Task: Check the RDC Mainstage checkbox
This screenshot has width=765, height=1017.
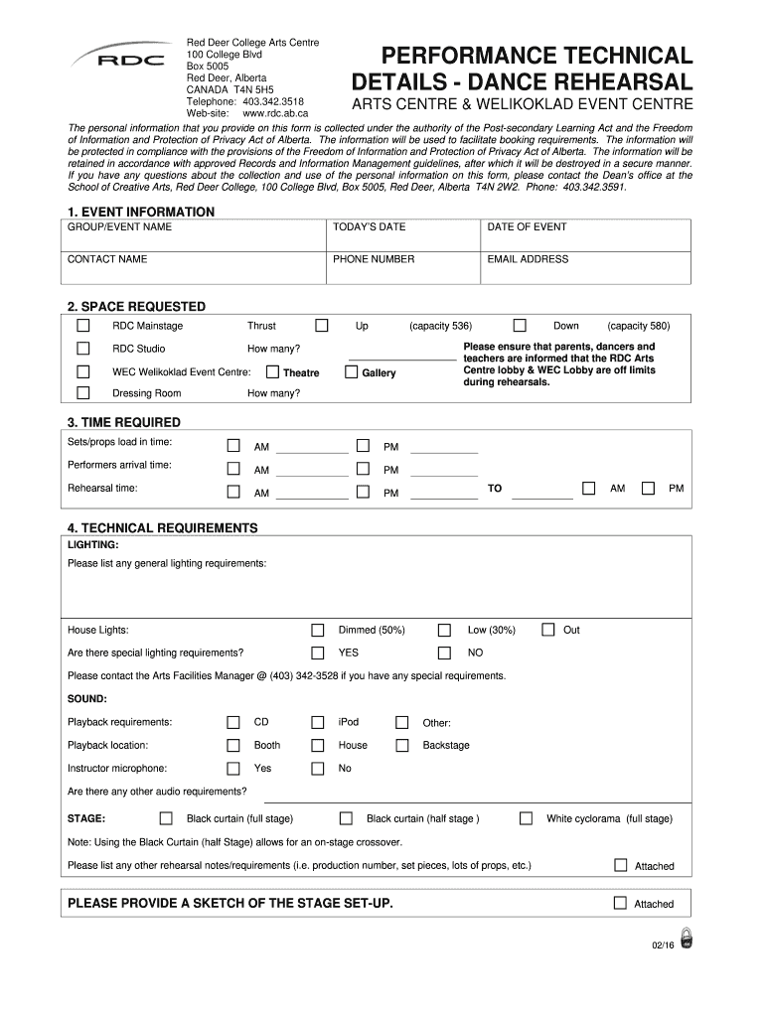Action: (83, 326)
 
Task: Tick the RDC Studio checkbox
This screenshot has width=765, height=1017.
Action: (83, 349)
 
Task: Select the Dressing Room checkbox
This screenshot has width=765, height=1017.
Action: (83, 393)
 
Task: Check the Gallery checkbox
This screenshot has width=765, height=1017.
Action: (352, 372)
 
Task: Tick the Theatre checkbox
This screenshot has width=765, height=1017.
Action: (272, 372)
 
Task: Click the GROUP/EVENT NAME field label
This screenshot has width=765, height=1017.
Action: (119, 227)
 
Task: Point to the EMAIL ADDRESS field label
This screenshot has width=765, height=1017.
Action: (528, 259)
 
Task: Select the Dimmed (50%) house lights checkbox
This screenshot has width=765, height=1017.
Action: (318, 630)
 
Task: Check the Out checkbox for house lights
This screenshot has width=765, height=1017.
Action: (548, 630)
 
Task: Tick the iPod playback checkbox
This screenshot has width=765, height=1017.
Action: (318, 722)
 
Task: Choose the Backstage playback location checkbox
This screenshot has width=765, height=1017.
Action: (402, 745)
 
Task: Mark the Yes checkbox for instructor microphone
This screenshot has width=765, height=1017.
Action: (233, 768)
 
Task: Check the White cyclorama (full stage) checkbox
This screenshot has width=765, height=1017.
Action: (526, 818)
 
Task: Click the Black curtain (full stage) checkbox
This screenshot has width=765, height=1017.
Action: (166, 818)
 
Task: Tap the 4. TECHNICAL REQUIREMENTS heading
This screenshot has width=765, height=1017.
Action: (162, 527)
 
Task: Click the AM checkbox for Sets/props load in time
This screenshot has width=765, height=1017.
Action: (233, 446)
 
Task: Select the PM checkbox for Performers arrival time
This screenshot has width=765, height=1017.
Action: (364, 469)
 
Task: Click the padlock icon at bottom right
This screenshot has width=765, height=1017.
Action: (686, 938)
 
